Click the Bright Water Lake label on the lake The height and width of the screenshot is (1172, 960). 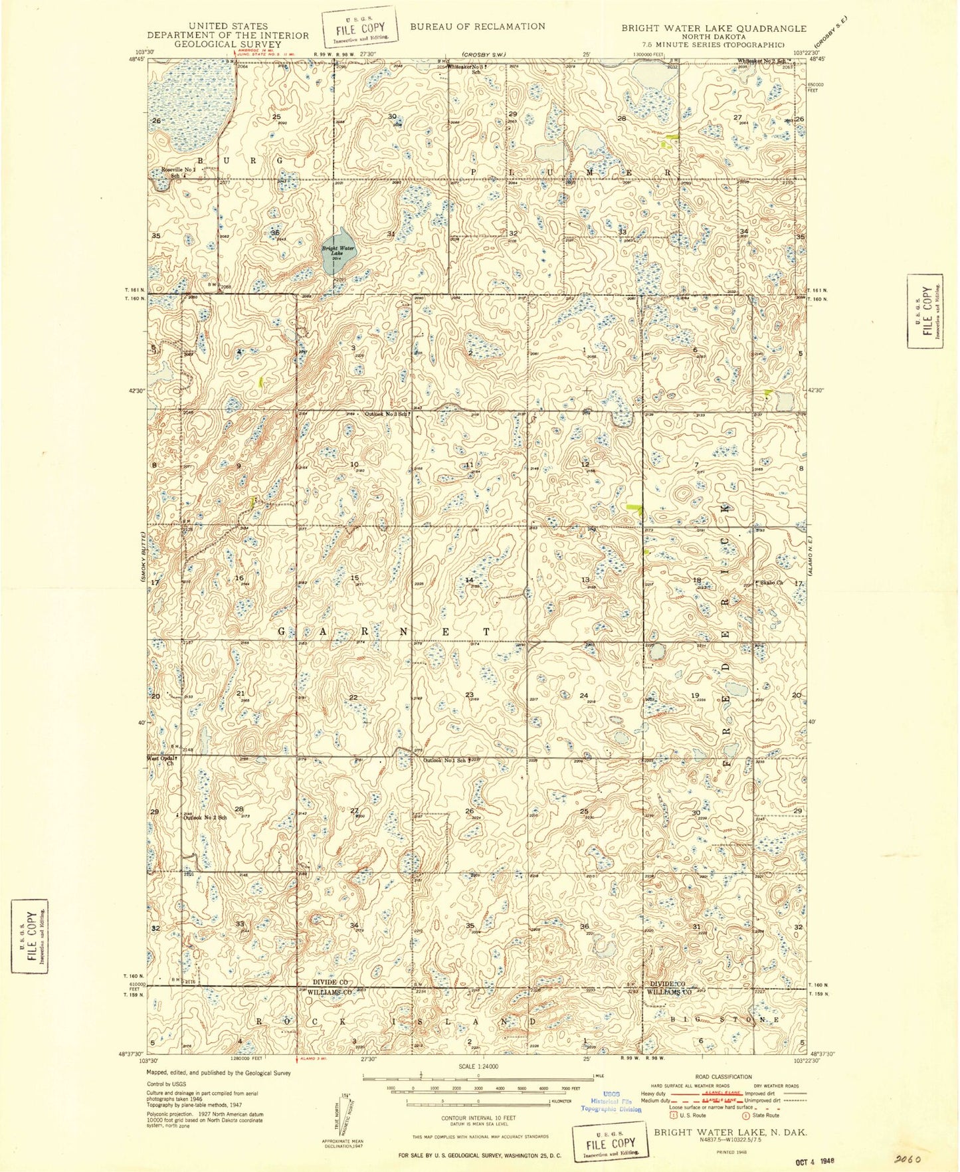338,251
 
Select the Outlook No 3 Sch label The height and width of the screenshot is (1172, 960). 387,413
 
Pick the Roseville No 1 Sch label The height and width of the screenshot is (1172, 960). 177,172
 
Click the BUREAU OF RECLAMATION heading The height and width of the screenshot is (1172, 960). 477,27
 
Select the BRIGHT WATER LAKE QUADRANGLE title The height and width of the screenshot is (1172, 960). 714,29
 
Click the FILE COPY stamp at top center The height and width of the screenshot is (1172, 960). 360,29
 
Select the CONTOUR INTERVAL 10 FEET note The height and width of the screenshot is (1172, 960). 477,1118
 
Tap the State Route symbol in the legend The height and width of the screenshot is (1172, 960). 746,1116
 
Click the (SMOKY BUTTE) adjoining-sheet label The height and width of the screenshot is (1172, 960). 143,558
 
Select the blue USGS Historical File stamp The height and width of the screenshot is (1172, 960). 611,1101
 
